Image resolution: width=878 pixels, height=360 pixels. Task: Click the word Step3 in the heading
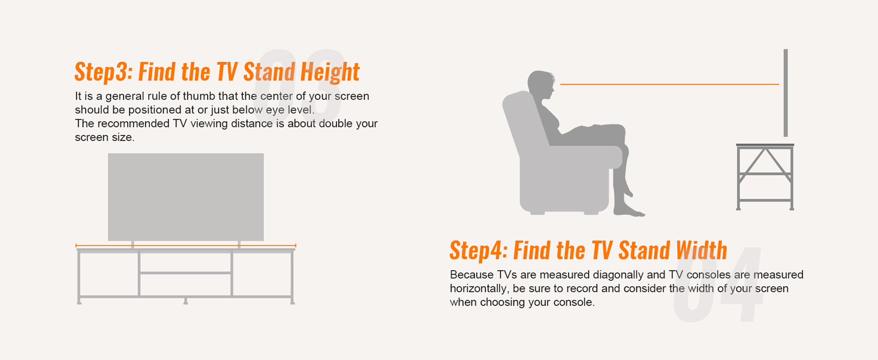click(x=101, y=73)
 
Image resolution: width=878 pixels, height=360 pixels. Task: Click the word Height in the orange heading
click(x=330, y=73)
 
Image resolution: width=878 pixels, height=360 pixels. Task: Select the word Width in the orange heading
click(x=701, y=250)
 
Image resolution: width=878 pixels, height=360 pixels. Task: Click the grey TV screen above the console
click(x=185, y=197)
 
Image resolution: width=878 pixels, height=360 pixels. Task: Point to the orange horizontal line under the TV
click(x=186, y=245)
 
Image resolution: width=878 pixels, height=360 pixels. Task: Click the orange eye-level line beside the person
click(x=669, y=85)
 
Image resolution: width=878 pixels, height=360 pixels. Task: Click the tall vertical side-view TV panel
click(x=785, y=93)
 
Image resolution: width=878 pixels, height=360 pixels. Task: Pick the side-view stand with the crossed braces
click(x=765, y=177)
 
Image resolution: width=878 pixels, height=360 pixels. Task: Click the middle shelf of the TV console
click(x=186, y=273)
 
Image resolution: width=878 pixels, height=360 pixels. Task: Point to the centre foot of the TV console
click(x=185, y=301)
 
